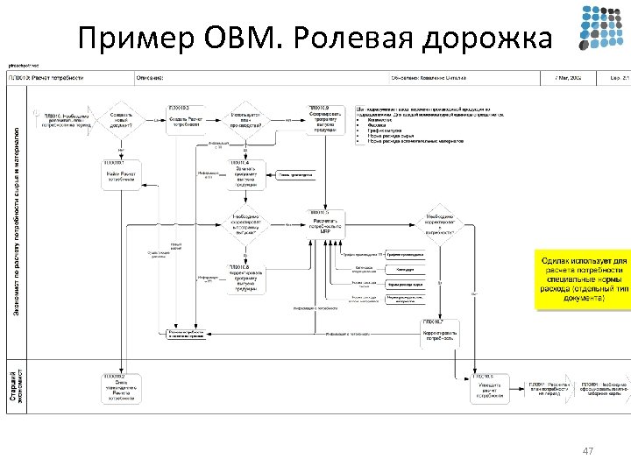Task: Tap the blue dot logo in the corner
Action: click(x=603, y=29)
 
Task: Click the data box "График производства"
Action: click(x=405, y=254)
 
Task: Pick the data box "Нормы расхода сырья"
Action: click(x=405, y=285)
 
